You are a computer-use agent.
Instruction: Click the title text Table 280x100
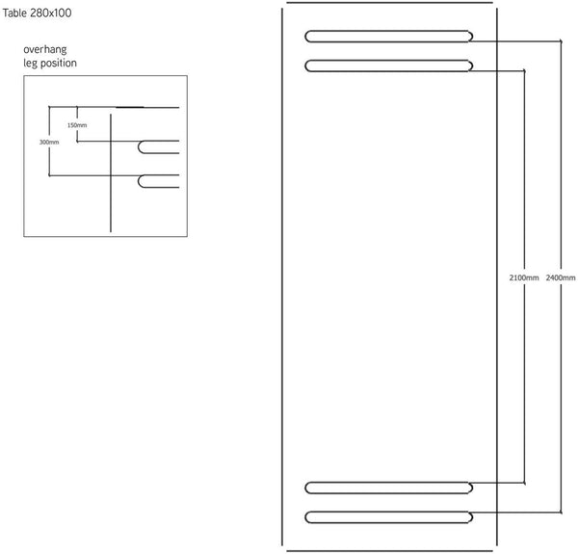pos(37,13)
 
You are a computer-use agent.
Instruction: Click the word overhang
pos(45,49)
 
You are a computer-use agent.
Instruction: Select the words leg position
pos(50,63)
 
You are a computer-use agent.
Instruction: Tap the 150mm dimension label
pos(77,125)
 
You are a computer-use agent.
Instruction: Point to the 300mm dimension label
pos(49,143)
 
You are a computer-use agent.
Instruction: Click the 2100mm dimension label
pos(524,277)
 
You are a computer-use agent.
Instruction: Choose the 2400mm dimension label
pos(561,277)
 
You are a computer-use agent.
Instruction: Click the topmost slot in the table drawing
pos(388,37)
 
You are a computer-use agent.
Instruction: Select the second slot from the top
pos(388,66)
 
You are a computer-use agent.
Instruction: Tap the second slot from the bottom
pos(388,488)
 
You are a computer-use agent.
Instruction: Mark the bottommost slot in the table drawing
pos(388,517)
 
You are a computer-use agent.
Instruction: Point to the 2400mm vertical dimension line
pos(561,277)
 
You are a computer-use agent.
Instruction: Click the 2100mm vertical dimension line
pos(525,277)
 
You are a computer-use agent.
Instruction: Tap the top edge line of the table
pos(389,3)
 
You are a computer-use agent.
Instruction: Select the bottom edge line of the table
pos(389,551)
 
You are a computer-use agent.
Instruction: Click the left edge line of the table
pos(282,277)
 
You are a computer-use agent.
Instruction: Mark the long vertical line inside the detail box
pos(111,173)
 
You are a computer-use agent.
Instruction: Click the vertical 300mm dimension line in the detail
pos(49,142)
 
